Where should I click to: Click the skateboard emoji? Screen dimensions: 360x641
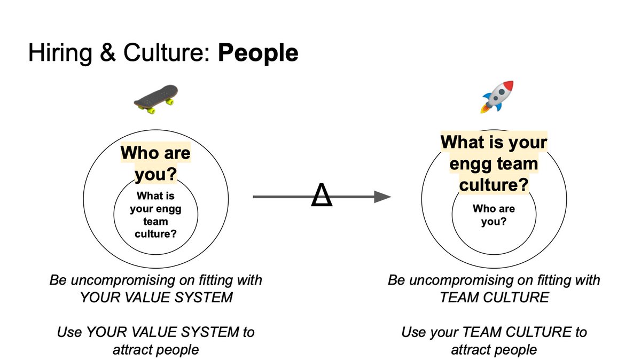click(155, 98)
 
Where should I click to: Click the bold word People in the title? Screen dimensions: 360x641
click(258, 53)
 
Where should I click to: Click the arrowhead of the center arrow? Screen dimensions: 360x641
click(382, 197)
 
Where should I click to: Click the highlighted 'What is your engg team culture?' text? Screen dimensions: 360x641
click(494, 163)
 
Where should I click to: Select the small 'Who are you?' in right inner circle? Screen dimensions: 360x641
click(494, 215)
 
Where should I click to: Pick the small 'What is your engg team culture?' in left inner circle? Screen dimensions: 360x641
click(155, 215)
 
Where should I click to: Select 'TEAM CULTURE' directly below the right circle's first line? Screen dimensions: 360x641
click(494, 298)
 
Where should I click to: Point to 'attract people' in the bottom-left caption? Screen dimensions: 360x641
click(155, 349)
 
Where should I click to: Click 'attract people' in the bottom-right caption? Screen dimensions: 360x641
click(494, 349)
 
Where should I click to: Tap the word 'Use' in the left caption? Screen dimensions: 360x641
click(69, 332)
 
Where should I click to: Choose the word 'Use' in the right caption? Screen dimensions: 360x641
click(413, 332)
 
